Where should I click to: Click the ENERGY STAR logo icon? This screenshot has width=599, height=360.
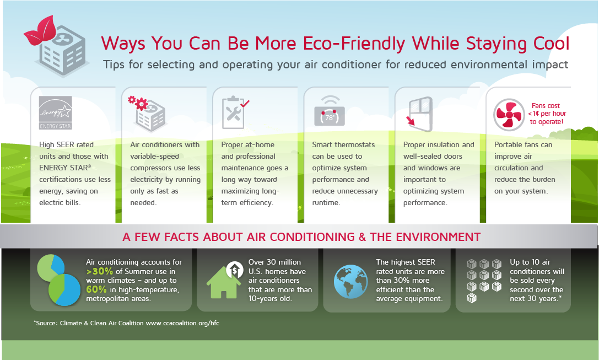(x=55, y=112)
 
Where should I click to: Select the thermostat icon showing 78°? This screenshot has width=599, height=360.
(x=329, y=115)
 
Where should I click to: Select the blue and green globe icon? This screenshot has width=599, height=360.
(x=350, y=280)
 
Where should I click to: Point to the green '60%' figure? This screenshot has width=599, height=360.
(x=96, y=289)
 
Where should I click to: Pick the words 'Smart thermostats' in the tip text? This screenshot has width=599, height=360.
(x=343, y=145)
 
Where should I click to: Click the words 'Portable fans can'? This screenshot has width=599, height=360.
(x=523, y=145)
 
